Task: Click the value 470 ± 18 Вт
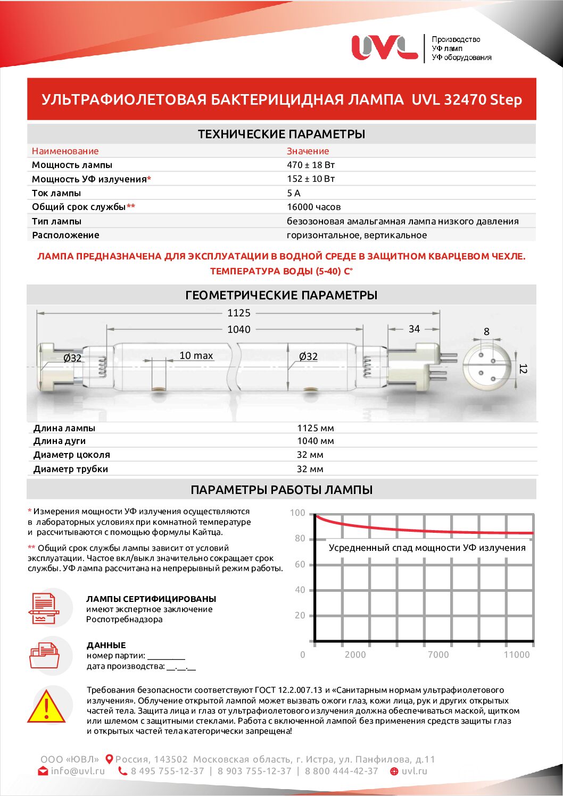pyautogui.click(x=311, y=165)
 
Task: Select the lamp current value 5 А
pyautogui.click(x=293, y=193)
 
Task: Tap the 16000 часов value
pyautogui.click(x=313, y=207)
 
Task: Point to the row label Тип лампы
pyautogui.click(x=56, y=221)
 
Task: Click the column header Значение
pyautogui.click(x=308, y=151)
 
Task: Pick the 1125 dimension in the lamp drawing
pyautogui.click(x=238, y=313)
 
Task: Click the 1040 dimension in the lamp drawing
pyautogui.click(x=238, y=330)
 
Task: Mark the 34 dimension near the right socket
pyautogui.click(x=414, y=329)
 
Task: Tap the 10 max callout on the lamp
pyautogui.click(x=196, y=356)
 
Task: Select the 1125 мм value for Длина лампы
pyautogui.click(x=315, y=428)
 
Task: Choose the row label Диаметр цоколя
pyautogui.click(x=71, y=455)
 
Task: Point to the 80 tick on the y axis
pyautogui.click(x=300, y=539)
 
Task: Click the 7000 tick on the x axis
pyautogui.click(x=438, y=655)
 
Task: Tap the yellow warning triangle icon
pyautogui.click(x=47, y=708)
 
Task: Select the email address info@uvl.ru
pyautogui.click(x=78, y=771)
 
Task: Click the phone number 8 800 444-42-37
pyautogui.click(x=341, y=771)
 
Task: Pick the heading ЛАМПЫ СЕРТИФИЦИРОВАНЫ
pyautogui.click(x=151, y=599)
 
